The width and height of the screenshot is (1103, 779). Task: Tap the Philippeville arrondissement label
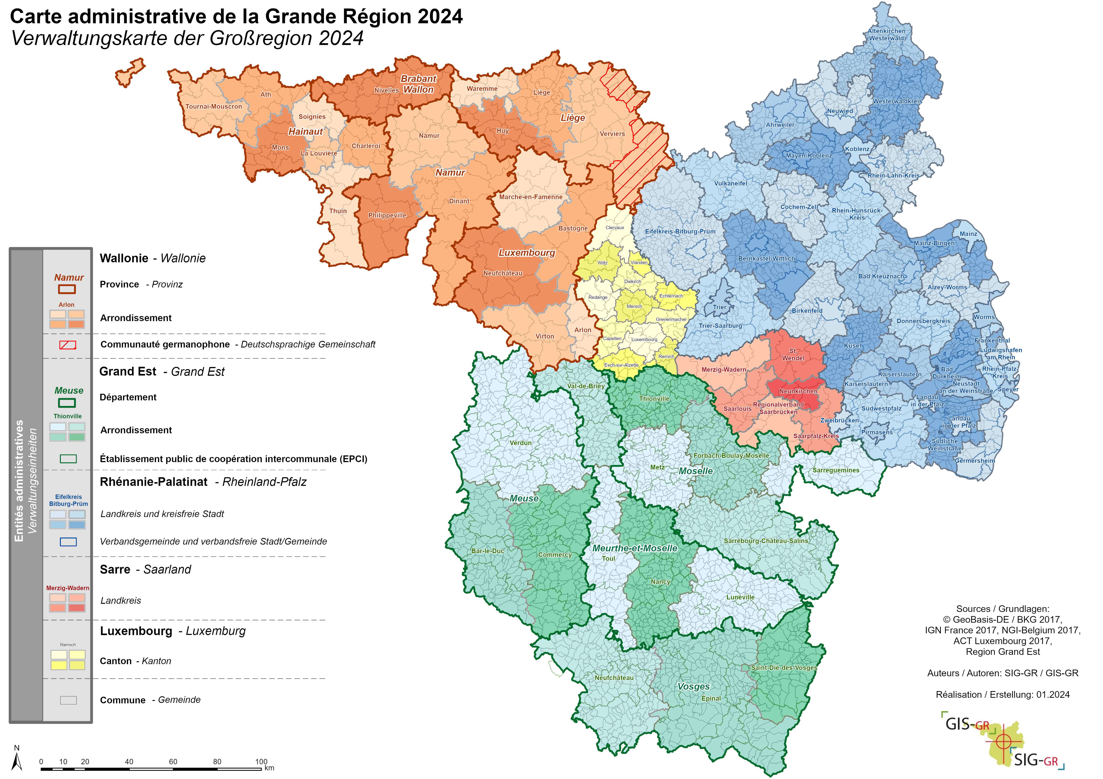coord(387,215)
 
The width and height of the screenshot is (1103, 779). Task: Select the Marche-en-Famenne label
coord(530,197)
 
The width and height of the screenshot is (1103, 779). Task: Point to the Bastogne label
coord(573,228)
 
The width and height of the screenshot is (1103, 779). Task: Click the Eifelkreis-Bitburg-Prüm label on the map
coord(680,232)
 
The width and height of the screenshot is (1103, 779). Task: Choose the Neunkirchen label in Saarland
coord(798,391)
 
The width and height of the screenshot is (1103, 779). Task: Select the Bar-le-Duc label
coord(488,551)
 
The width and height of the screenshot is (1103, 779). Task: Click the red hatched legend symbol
coord(68,345)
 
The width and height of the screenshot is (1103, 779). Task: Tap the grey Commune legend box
coord(68,700)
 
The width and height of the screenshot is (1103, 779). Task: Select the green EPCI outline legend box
coord(68,459)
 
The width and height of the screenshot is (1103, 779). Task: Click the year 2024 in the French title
coord(440,17)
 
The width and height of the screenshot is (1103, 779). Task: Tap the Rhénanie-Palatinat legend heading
coord(154,482)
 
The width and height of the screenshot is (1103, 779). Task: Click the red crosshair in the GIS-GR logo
coord(1003,741)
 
